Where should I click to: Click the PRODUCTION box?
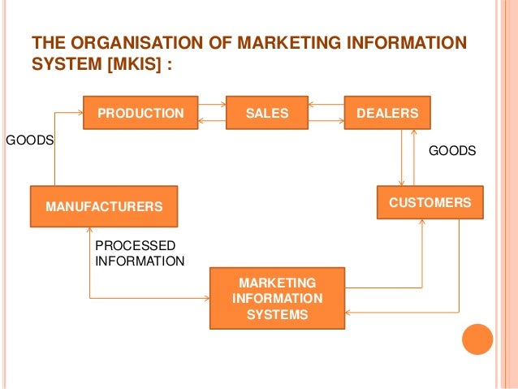[x=140, y=113]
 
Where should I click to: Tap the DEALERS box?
[x=388, y=113]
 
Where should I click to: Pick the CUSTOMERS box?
[x=430, y=202]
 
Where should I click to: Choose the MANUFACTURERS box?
[x=104, y=206]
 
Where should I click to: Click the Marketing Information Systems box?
[x=277, y=298]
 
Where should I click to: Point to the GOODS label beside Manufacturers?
[x=30, y=140]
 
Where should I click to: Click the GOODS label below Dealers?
[x=451, y=150]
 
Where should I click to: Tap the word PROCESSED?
[x=135, y=245]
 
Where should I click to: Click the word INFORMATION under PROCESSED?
[x=140, y=261]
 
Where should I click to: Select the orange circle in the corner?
[x=477, y=339]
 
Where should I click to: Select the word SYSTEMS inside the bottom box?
[x=277, y=314]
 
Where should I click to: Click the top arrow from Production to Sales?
[x=213, y=105]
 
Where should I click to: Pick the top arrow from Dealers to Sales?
[x=321, y=105]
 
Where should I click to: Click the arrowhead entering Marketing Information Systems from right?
[x=348, y=311]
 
